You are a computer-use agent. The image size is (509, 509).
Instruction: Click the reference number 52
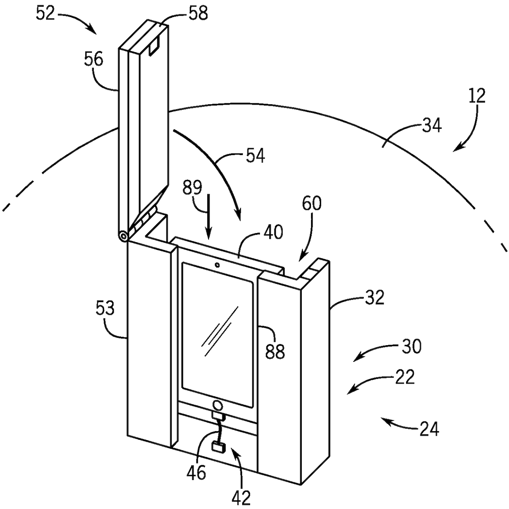tap(45, 14)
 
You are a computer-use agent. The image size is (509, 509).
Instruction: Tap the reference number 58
tap(198, 13)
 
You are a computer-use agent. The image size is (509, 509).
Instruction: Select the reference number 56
tap(93, 59)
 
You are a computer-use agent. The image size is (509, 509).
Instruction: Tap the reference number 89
tap(192, 188)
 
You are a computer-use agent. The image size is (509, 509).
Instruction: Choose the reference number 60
tap(312, 203)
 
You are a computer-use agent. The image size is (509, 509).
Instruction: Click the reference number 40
tap(273, 232)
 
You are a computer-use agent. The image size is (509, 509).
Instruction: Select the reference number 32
tap(374, 297)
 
